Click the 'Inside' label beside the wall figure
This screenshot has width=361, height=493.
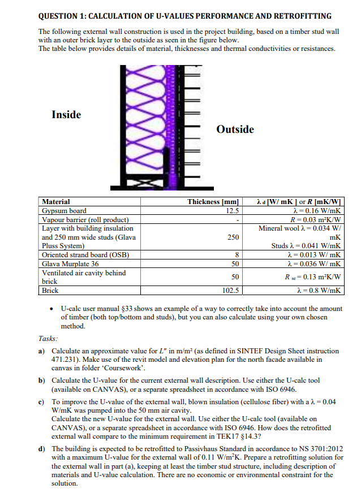(x=66, y=115)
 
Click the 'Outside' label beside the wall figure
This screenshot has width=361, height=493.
(x=235, y=129)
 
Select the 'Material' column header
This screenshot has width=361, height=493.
(x=57, y=202)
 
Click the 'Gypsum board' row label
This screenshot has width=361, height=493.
(x=65, y=211)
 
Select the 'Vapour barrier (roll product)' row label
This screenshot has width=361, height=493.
(x=85, y=219)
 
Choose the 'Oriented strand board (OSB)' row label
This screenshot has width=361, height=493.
(x=85, y=255)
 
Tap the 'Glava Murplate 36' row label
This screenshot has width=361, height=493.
(x=71, y=263)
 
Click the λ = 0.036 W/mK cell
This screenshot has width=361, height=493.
(x=315, y=263)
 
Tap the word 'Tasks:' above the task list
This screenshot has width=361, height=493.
(x=49, y=338)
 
